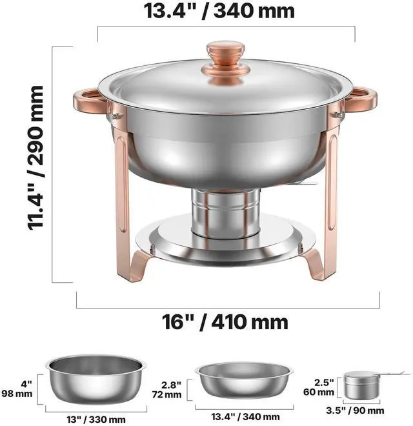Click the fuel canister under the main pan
pyautogui.click(x=225, y=210)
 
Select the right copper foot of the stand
pyautogui.click(x=315, y=264)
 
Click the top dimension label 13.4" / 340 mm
pyautogui.click(x=219, y=11)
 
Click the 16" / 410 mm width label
pyautogui.click(x=225, y=322)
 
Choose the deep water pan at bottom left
pyautogui.click(x=96, y=379)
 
